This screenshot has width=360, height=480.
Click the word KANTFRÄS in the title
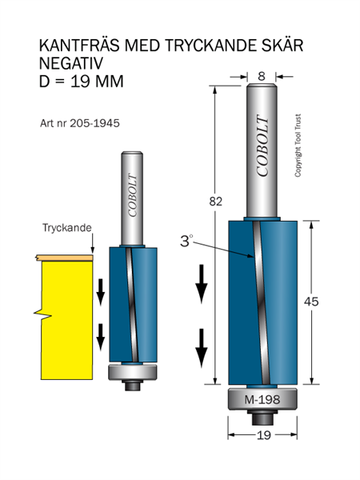coord(79,46)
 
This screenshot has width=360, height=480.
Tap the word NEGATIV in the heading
coord(71,63)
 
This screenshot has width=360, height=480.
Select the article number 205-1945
coord(94,123)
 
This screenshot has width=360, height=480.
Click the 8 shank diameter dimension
coord(261,76)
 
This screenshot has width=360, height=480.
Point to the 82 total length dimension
coord(215,202)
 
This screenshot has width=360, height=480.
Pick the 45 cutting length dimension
coord(311,302)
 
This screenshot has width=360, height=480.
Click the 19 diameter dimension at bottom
coord(264,435)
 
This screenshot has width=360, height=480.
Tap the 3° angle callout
coord(186,241)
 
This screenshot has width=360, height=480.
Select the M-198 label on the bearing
coord(262,399)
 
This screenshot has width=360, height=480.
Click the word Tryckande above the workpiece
coord(66,228)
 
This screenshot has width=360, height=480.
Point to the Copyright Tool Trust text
coord(298,146)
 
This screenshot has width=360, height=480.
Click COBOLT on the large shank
coord(262,146)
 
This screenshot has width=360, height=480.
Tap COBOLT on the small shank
coord(132,196)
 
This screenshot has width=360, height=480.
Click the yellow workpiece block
coord(66,320)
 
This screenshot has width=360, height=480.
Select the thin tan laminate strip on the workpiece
coord(64,258)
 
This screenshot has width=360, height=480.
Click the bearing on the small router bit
coord(133,372)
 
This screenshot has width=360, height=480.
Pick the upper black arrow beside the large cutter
coord(202,284)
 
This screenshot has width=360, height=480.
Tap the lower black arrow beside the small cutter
coord(101,338)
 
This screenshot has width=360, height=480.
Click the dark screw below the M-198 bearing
coord(262,417)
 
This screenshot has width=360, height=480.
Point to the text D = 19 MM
coord(81,82)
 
